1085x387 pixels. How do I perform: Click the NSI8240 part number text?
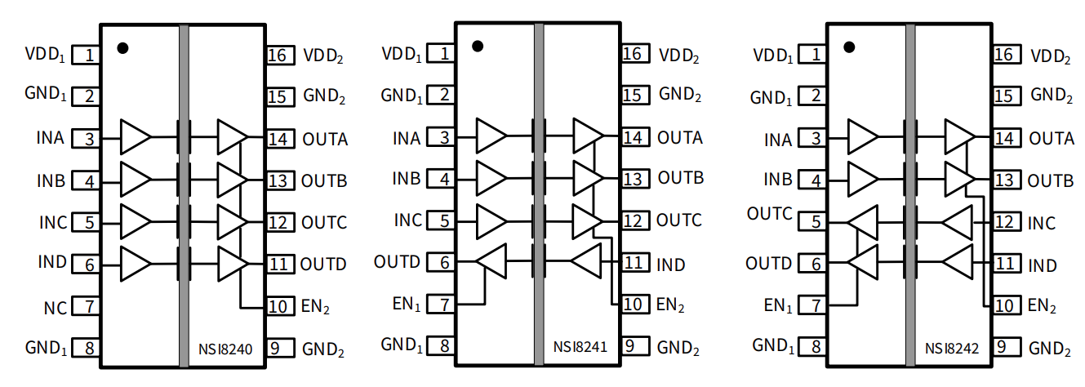coord(225,350)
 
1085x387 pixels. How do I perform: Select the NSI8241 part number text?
coord(580,347)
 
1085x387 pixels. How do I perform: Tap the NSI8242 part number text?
coord(952,350)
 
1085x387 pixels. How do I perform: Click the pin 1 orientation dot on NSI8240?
coord(122,47)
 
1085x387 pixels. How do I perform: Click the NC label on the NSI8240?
coord(55,308)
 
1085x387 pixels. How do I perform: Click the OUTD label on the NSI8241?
coord(397,262)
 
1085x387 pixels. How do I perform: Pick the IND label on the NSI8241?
coord(671,265)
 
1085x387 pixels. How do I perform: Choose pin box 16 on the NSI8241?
coord(634,54)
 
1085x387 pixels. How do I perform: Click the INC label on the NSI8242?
coord(1041,223)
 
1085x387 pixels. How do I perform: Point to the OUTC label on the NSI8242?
coord(769,214)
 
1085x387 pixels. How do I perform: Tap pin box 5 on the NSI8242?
coord(814,222)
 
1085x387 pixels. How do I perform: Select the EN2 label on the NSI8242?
coord(1042,307)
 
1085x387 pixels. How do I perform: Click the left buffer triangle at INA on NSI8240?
coord(135,137)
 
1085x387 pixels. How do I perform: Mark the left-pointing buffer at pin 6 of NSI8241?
coord(491,261)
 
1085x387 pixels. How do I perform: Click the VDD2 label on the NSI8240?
coord(323,56)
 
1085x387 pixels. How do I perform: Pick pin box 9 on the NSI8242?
coord(1006,348)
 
